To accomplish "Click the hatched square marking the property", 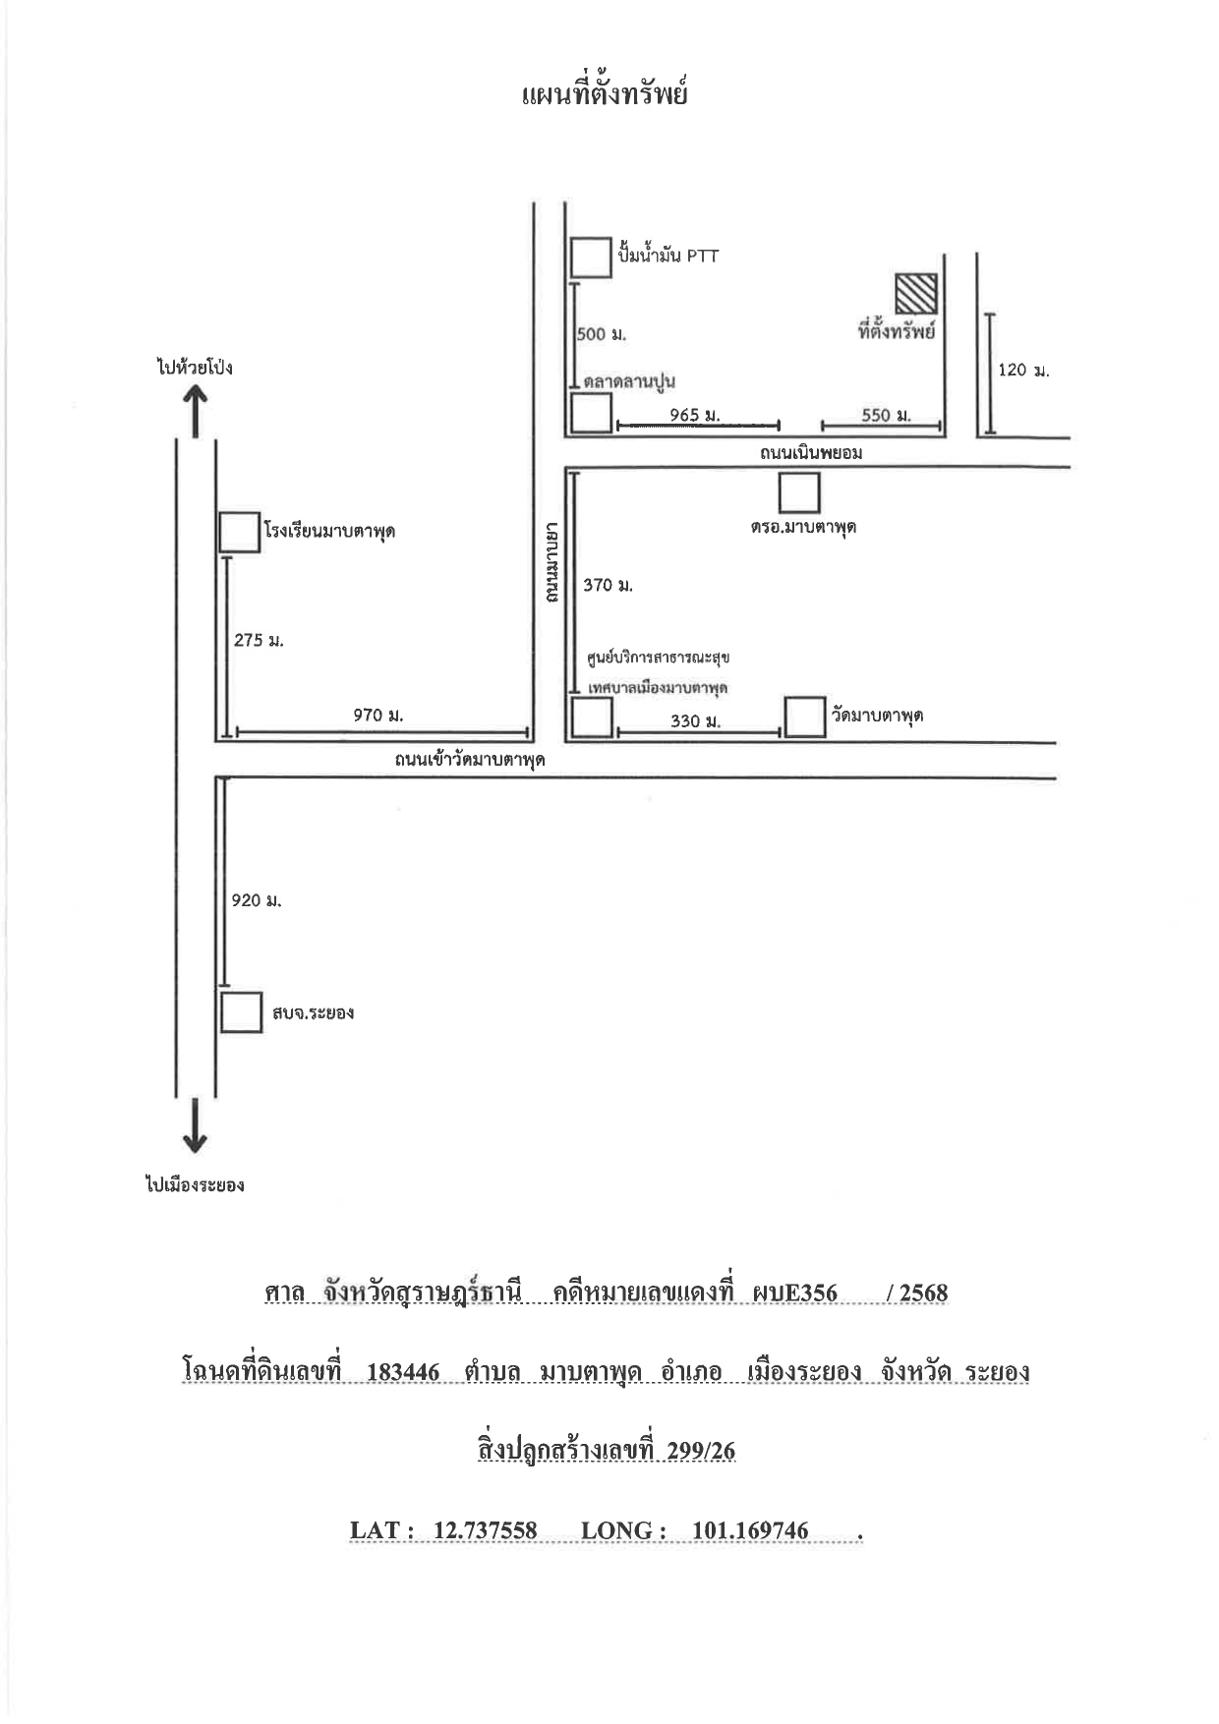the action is (915, 293).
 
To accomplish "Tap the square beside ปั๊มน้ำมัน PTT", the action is (591, 257).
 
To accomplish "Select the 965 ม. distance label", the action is (695, 415).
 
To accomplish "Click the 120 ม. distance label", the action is (1023, 371).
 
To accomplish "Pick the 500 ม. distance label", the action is (602, 334).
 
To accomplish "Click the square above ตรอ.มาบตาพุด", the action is (799, 493).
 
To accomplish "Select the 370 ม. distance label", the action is (608, 585).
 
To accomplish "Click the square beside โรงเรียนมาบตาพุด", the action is (240, 532).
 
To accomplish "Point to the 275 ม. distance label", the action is (259, 640).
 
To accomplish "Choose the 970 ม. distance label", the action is (378, 715).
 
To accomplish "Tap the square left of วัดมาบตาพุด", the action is (805, 718).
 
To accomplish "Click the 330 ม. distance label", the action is (696, 721).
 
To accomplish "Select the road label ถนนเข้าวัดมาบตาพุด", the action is (470, 761).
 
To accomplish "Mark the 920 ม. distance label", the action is (257, 900).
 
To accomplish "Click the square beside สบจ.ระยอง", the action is (241, 1012).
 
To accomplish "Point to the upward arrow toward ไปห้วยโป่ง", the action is (196, 411).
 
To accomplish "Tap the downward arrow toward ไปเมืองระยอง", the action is (196, 1125).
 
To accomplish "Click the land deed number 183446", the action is (403, 1372).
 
